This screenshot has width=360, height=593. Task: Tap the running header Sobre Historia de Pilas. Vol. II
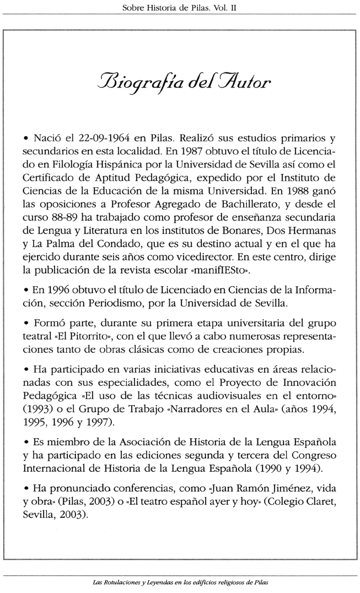(x=180, y=7)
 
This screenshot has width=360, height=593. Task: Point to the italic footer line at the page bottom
(x=180, y=581)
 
